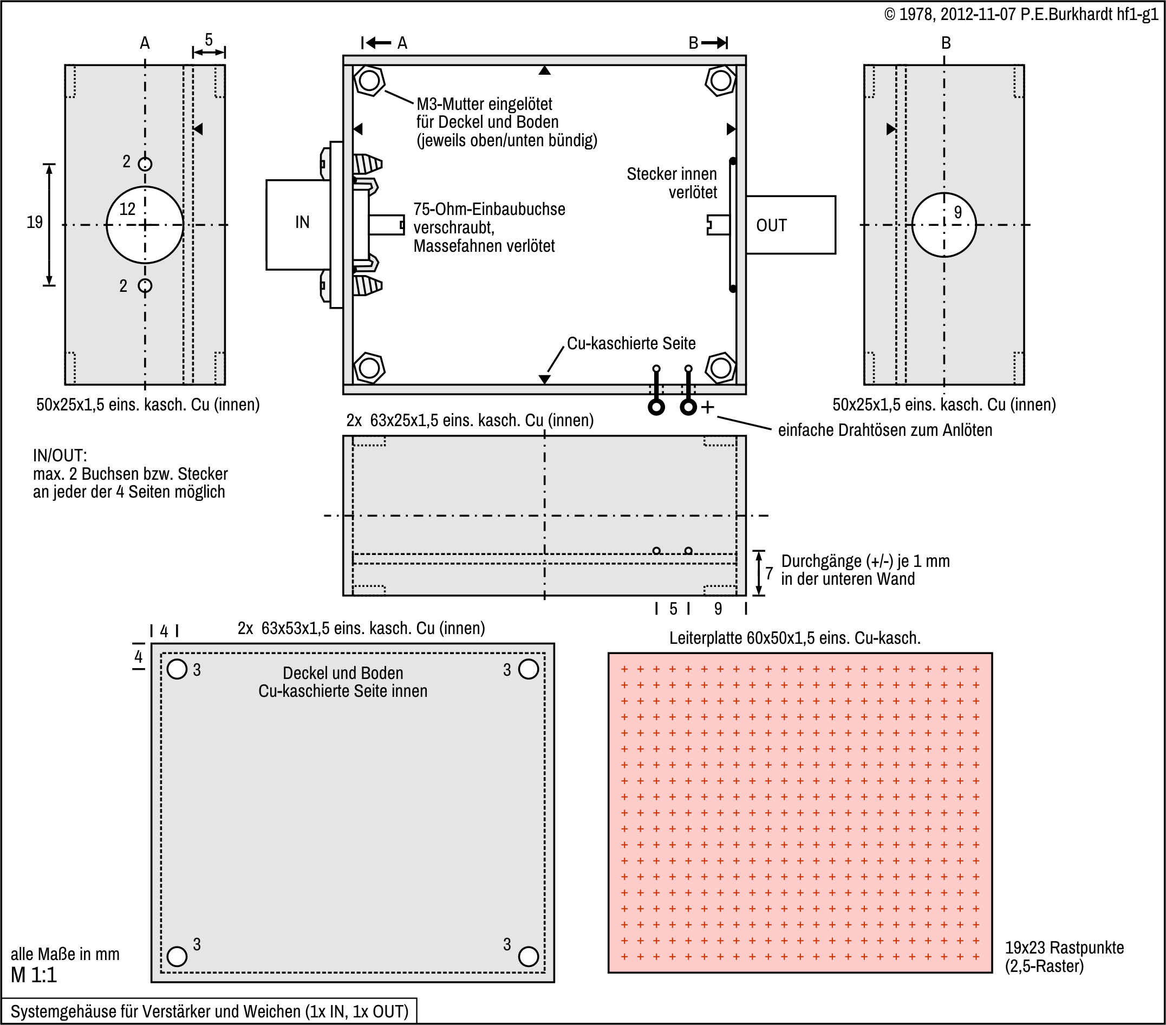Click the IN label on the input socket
(x=302, y=223)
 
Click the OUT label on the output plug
(x=771, y=226)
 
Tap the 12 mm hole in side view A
(x=145, y=225)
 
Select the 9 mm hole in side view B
(x=943, y=225)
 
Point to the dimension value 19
(x=35, y=223)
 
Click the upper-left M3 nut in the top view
(x=369, y=81)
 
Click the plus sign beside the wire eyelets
(x=707, y=407)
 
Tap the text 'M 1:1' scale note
(x=34, y=975)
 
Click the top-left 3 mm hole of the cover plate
(x=178, y=669)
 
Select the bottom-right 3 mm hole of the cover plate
(x=528, y=956)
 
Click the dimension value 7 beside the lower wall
(x=769, y=573)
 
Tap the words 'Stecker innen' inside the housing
(x=672, y=174)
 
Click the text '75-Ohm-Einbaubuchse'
(x=489, y=210)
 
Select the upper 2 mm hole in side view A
(x=145, y=164)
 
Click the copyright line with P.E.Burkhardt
(x=1021, y=14)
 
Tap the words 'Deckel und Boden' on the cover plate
(x=343, y=673)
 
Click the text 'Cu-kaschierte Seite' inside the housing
(x=631, y=343)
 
